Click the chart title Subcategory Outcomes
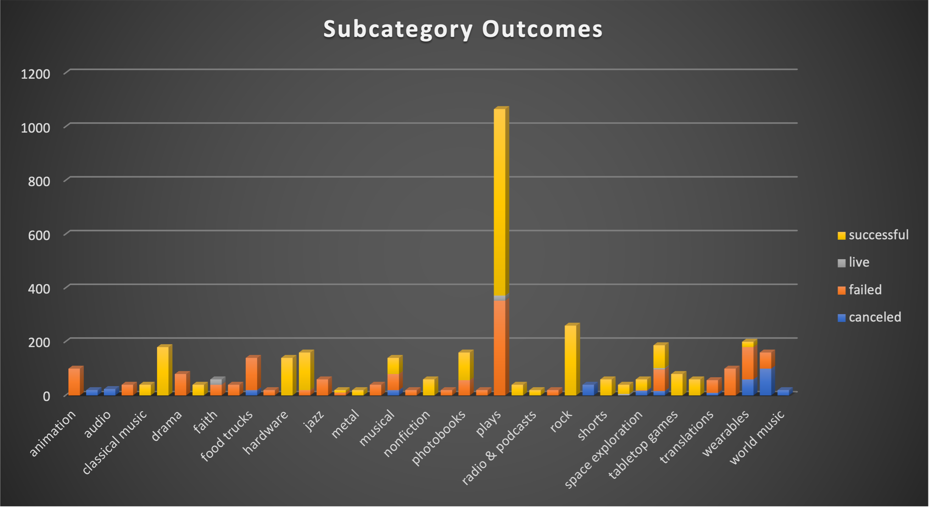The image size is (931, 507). pyautogui.click(x=463, y=29)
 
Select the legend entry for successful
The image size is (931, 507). pyautogui.click(x=873, y=235)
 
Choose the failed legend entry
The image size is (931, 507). pyautogui.click(x=860, y=290)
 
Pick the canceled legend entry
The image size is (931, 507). pyautogui.click(x=869, y=317)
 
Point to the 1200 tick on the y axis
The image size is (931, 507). pyautogui.click(x=35, y=74)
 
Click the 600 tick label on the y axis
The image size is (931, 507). pyautogui.click(x=39, y=236)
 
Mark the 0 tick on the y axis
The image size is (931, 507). pyautogui.click(x=46, y=396)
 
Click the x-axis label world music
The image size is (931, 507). pyautogui.click(x=758, y=437)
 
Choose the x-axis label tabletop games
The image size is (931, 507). pyautogui.click(x=644, y=445)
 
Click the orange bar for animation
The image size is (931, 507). pyautogui.click(x=74, y=381)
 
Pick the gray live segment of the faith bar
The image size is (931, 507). pyautogui.click(x=216, y=381)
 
